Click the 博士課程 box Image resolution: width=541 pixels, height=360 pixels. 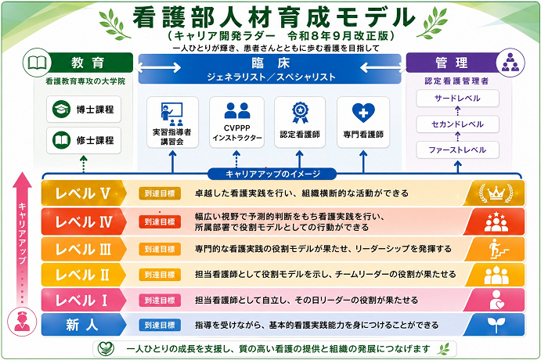(x=84, y=110)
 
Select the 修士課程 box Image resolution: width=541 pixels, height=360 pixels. (x=84, y=140)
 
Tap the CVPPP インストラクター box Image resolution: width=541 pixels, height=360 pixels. (x=236, y=122)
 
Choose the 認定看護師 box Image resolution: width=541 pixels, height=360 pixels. (x=300, y=122)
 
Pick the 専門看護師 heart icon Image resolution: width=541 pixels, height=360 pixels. (x=363, y=113)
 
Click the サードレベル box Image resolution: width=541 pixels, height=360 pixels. (x=457, y=99)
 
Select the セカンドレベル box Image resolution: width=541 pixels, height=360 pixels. (x=457, y=124)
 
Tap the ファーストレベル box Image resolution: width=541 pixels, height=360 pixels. (x=457, y=150)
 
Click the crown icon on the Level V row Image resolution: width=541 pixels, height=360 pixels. (x=496, y=193)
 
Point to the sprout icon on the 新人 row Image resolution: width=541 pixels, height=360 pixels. (x=496, y=325)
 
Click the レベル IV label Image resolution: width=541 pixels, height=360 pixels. (x=84, y=221)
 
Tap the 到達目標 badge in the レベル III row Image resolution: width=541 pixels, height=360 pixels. (x=160, y=249)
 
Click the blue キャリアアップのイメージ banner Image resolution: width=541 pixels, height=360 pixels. (x=272, y=175)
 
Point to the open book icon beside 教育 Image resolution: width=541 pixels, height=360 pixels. (x=38, y=63)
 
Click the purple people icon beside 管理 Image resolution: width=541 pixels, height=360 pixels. (x=510, y=63)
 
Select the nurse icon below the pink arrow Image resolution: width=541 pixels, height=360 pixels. (x=22, y=322)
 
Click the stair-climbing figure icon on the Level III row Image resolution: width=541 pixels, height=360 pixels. (x=497, y=249)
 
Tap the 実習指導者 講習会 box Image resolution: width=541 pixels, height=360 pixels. (x=172, y=122)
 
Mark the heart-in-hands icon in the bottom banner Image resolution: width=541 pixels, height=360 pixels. (x=106, y=348)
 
